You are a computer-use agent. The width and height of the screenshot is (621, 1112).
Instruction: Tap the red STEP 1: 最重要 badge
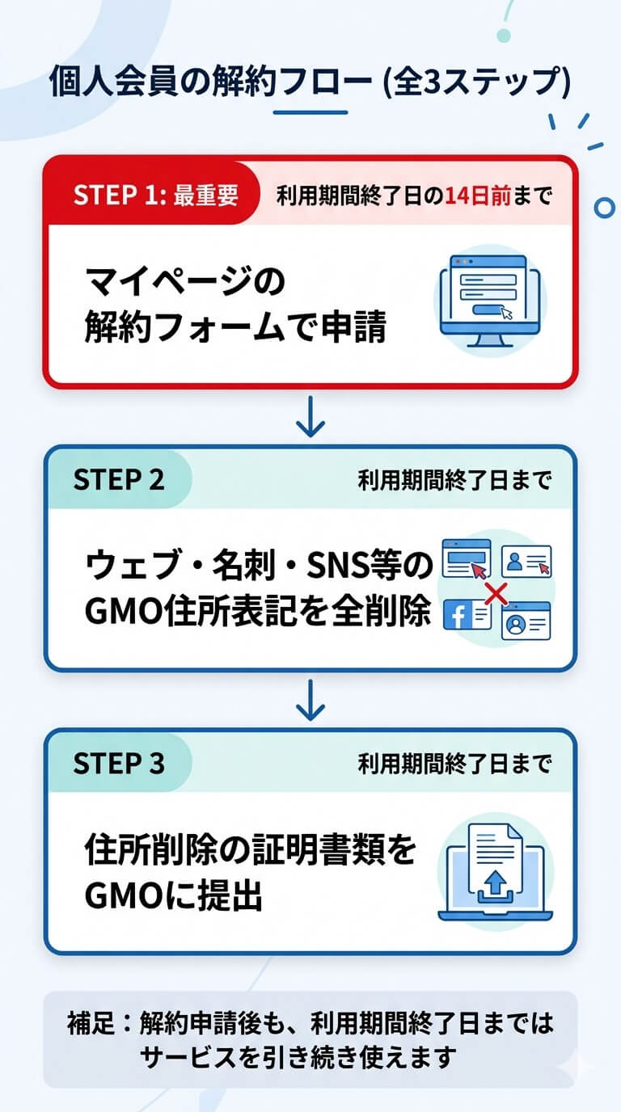[x=155, y=196]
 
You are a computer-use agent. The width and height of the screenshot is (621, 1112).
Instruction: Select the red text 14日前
[x=478, y=196]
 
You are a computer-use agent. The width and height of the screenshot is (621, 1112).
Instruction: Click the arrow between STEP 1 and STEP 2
[x=310, y=417]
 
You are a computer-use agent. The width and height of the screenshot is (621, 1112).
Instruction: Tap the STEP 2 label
[x=119, y=480]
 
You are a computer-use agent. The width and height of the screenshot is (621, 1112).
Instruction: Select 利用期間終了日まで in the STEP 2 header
[x=454, y=481]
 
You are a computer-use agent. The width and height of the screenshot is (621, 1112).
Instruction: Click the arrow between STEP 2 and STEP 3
[x=310, y=700]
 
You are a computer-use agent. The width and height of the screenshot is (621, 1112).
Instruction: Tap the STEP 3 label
[x=119, y=763]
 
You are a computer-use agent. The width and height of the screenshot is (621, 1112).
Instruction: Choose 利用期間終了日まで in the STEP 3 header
[x=454, y=764]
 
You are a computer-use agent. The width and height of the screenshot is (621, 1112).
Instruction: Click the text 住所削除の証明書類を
[x=250, y=851]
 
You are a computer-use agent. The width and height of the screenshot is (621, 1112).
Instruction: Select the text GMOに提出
[x=174, y=897]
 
